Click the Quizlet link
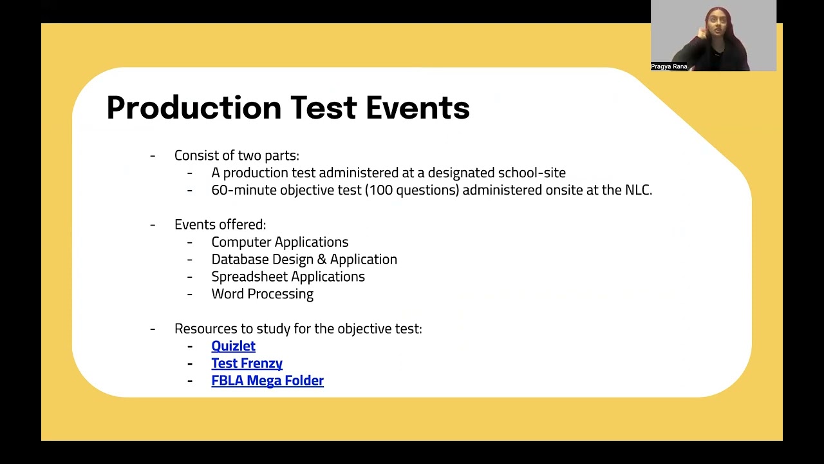pyautogui.click(x=233, y=346)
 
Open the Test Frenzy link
pyautogui.click(x=247, y=363)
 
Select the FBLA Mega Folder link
pyautogui.click(x=267, y=381)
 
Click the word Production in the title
pyautogui.click(x=194, y=108)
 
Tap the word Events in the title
pyautogui.click(x=417, y=108)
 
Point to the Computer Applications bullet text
pyautogui.click(x=279, y=242)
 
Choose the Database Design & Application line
pyautogui.click(x=304, y=260)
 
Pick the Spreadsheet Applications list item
pyautogui.click(x=288, y=276)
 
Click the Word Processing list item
pyautogui.click(x=262, y=294)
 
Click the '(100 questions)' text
pyautogui.click(x=413, y=190)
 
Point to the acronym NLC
pyautogui.click(x=637, y=190)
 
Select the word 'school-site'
pyautogui.click(x=532, y=173)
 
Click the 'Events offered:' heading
pyautogui.click(x=220, y=225)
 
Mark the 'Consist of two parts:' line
pyautogui.click(x=236, y=156)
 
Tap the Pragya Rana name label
pyautogui.click(x=669, y=66)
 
